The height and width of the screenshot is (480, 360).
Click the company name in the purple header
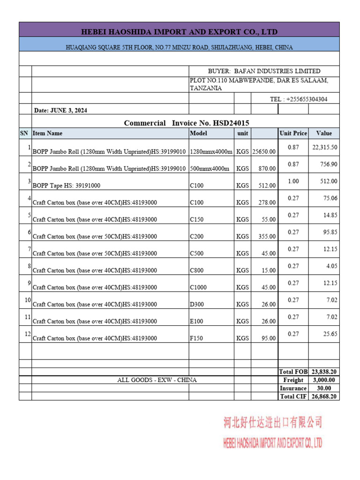[x=180, y=32]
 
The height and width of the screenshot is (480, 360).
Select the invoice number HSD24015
[x=231, y=123]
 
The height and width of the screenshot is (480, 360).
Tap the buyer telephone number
[x=299, y=99]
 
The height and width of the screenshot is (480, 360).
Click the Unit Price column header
[x=293, y=133]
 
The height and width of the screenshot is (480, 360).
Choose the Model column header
[x=198, y=133]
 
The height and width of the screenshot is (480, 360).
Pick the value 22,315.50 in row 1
[x=325, y=147]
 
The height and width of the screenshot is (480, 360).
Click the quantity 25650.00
[x=264, y=151]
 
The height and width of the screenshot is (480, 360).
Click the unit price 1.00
[x=293, y=181]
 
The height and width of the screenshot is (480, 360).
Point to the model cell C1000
[x=198, y=287]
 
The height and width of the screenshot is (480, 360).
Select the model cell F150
[x=196, y=338]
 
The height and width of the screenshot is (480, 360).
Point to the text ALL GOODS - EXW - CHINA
[x=157, y=380]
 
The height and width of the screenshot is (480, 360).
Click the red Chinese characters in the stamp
[x=272, y=423]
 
